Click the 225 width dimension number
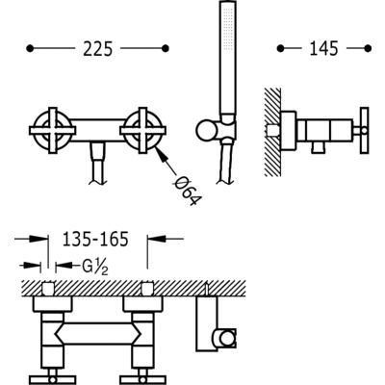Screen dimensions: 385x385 coord(98,49)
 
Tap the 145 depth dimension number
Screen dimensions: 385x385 coord(324,49)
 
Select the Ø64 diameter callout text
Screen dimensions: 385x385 coord(188,192)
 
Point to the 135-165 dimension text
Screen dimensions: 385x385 coord(95,239)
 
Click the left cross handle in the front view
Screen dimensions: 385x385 coord(53,131)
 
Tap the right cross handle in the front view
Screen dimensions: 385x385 coord(142,131)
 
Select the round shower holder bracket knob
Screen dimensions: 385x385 coord(206,131)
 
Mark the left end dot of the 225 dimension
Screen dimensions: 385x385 coord(30,48)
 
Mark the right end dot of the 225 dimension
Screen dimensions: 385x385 coord(166,48)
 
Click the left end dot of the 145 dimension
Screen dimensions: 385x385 coord(280,48)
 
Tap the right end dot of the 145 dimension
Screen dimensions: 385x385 coord(368,48)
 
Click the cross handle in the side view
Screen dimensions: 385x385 coord(364,131)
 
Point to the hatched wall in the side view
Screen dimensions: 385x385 coord(272,132)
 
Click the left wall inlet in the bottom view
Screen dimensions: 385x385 coord(48,289)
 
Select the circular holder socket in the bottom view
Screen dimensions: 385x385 coord(227,339)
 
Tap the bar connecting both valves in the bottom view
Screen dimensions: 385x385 coord(97,334)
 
